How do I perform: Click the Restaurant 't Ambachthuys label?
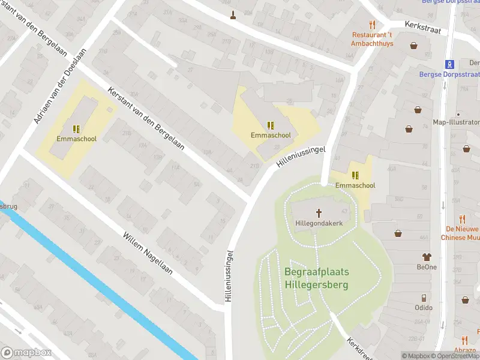click(372, 38)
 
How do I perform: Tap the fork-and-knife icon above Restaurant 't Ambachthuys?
click(373, 25)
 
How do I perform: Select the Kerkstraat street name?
click(423, 28)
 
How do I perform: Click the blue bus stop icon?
click(448, 64)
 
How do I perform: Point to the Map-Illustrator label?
click(456, 122)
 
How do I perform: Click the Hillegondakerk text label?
click(318, 223)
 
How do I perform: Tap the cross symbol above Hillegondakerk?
click(319, 212)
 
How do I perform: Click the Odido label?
click(424, 308)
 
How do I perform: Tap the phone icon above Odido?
click(424, 298)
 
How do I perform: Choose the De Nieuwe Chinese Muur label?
click(462, 233)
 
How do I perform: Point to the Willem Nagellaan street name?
click(148, 254)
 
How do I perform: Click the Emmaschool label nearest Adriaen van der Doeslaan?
click(76, 139)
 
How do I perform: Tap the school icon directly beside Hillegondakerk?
click(355, 175)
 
